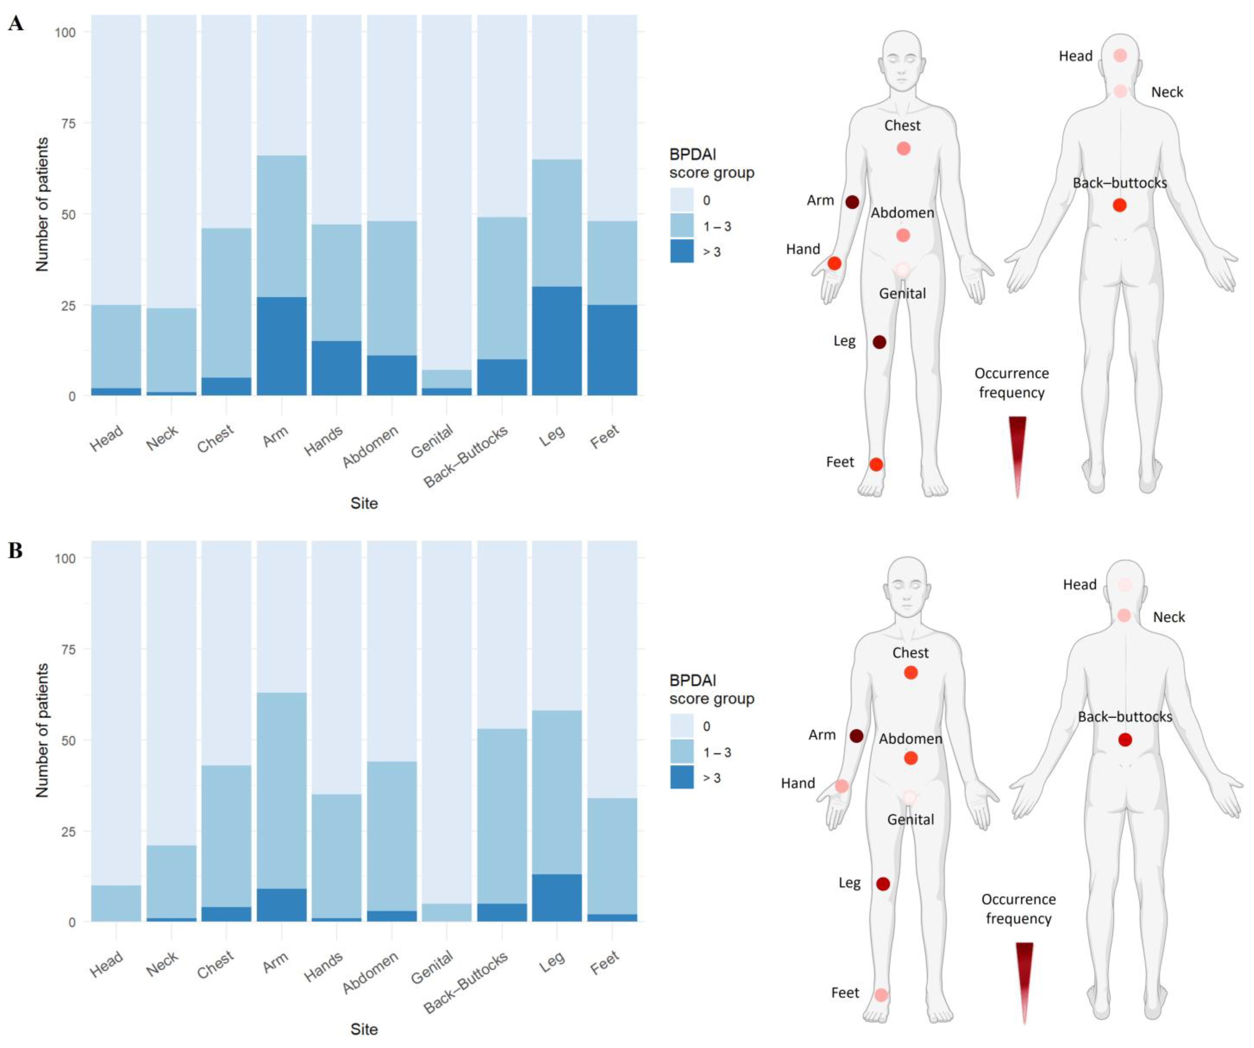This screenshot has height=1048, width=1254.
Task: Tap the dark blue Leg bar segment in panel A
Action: (557, 341)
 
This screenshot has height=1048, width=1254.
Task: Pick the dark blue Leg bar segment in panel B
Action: (557, 897)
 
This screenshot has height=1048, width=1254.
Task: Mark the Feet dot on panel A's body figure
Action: (876, 464)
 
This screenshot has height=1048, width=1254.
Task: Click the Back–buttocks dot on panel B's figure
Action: (1125, 740)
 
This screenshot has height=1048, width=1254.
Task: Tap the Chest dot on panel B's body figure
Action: (911, 673)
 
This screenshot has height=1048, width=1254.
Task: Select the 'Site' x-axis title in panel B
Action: (364, 1029)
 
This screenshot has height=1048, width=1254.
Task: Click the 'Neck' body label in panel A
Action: (1167, 92)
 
